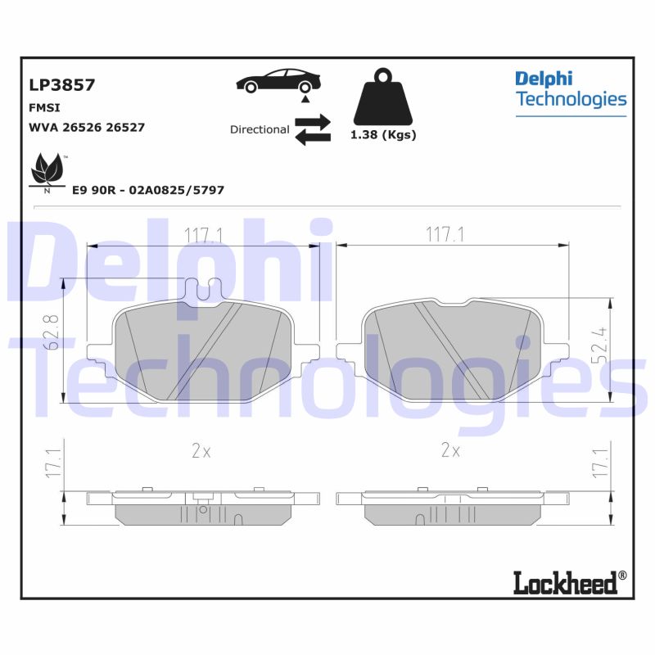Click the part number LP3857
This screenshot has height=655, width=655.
pyautogui.click(x=61, y=84)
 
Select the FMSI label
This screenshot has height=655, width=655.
pyautogui.click(x=45, y=107)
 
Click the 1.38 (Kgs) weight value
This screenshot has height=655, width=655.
pyautogui.click(x=383, y=135)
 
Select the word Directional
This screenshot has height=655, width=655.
pyautogui.click(x=260, y=129)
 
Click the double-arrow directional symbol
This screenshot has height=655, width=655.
pyautogui.click(x=312, y=130)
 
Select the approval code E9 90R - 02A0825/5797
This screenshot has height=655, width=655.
pyautogui.click(x=148, y=190)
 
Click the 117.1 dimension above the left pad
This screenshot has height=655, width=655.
pyautogui.click(x=204, y=236)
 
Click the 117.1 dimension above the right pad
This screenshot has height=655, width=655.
pyautogui.click(x=445, y=235)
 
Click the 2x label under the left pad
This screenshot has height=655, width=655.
pyautogui.click(x=201, y=450)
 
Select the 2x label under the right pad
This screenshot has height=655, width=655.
pyautogui.click(x=450, y=450)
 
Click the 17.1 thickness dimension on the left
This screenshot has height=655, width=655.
pyautogui.click(x=52, y=463)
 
